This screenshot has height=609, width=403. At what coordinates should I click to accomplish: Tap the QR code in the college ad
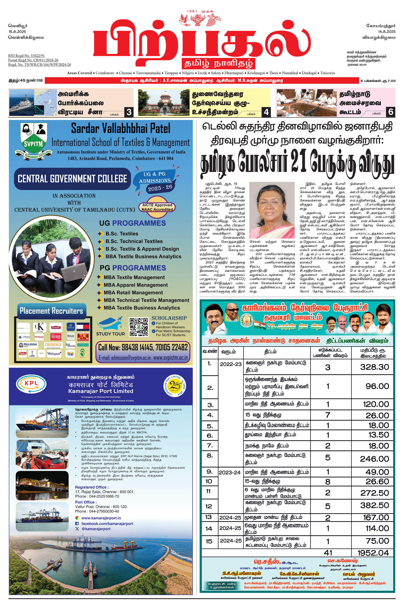[x=139, y=327]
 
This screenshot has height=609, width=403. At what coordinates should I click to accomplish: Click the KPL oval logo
[x=31, y=384]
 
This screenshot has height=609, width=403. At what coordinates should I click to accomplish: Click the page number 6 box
[x=391, y=112]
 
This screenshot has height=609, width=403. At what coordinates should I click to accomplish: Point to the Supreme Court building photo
[x=164, y=102]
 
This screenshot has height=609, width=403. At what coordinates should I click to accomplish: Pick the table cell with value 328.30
[x=374, y=367]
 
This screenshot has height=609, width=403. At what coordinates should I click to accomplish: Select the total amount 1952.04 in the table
[x=373, y=553]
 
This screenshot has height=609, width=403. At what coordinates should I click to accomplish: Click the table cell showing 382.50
[x=374, y=505]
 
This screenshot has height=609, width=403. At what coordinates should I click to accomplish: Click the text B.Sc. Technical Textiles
[x=134, y=241]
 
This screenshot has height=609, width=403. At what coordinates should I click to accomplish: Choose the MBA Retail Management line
[x=133, y=293]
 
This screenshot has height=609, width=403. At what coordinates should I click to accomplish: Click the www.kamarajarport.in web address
[x=101, y=518]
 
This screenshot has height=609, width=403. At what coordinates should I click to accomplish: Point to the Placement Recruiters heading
[x=51, y=311]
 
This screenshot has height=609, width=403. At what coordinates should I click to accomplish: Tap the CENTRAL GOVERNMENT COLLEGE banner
[x=73, y=179]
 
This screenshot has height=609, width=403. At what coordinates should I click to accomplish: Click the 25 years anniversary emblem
[x=174, y=386]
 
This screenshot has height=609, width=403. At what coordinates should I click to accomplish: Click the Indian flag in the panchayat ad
[x=259, y=325]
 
